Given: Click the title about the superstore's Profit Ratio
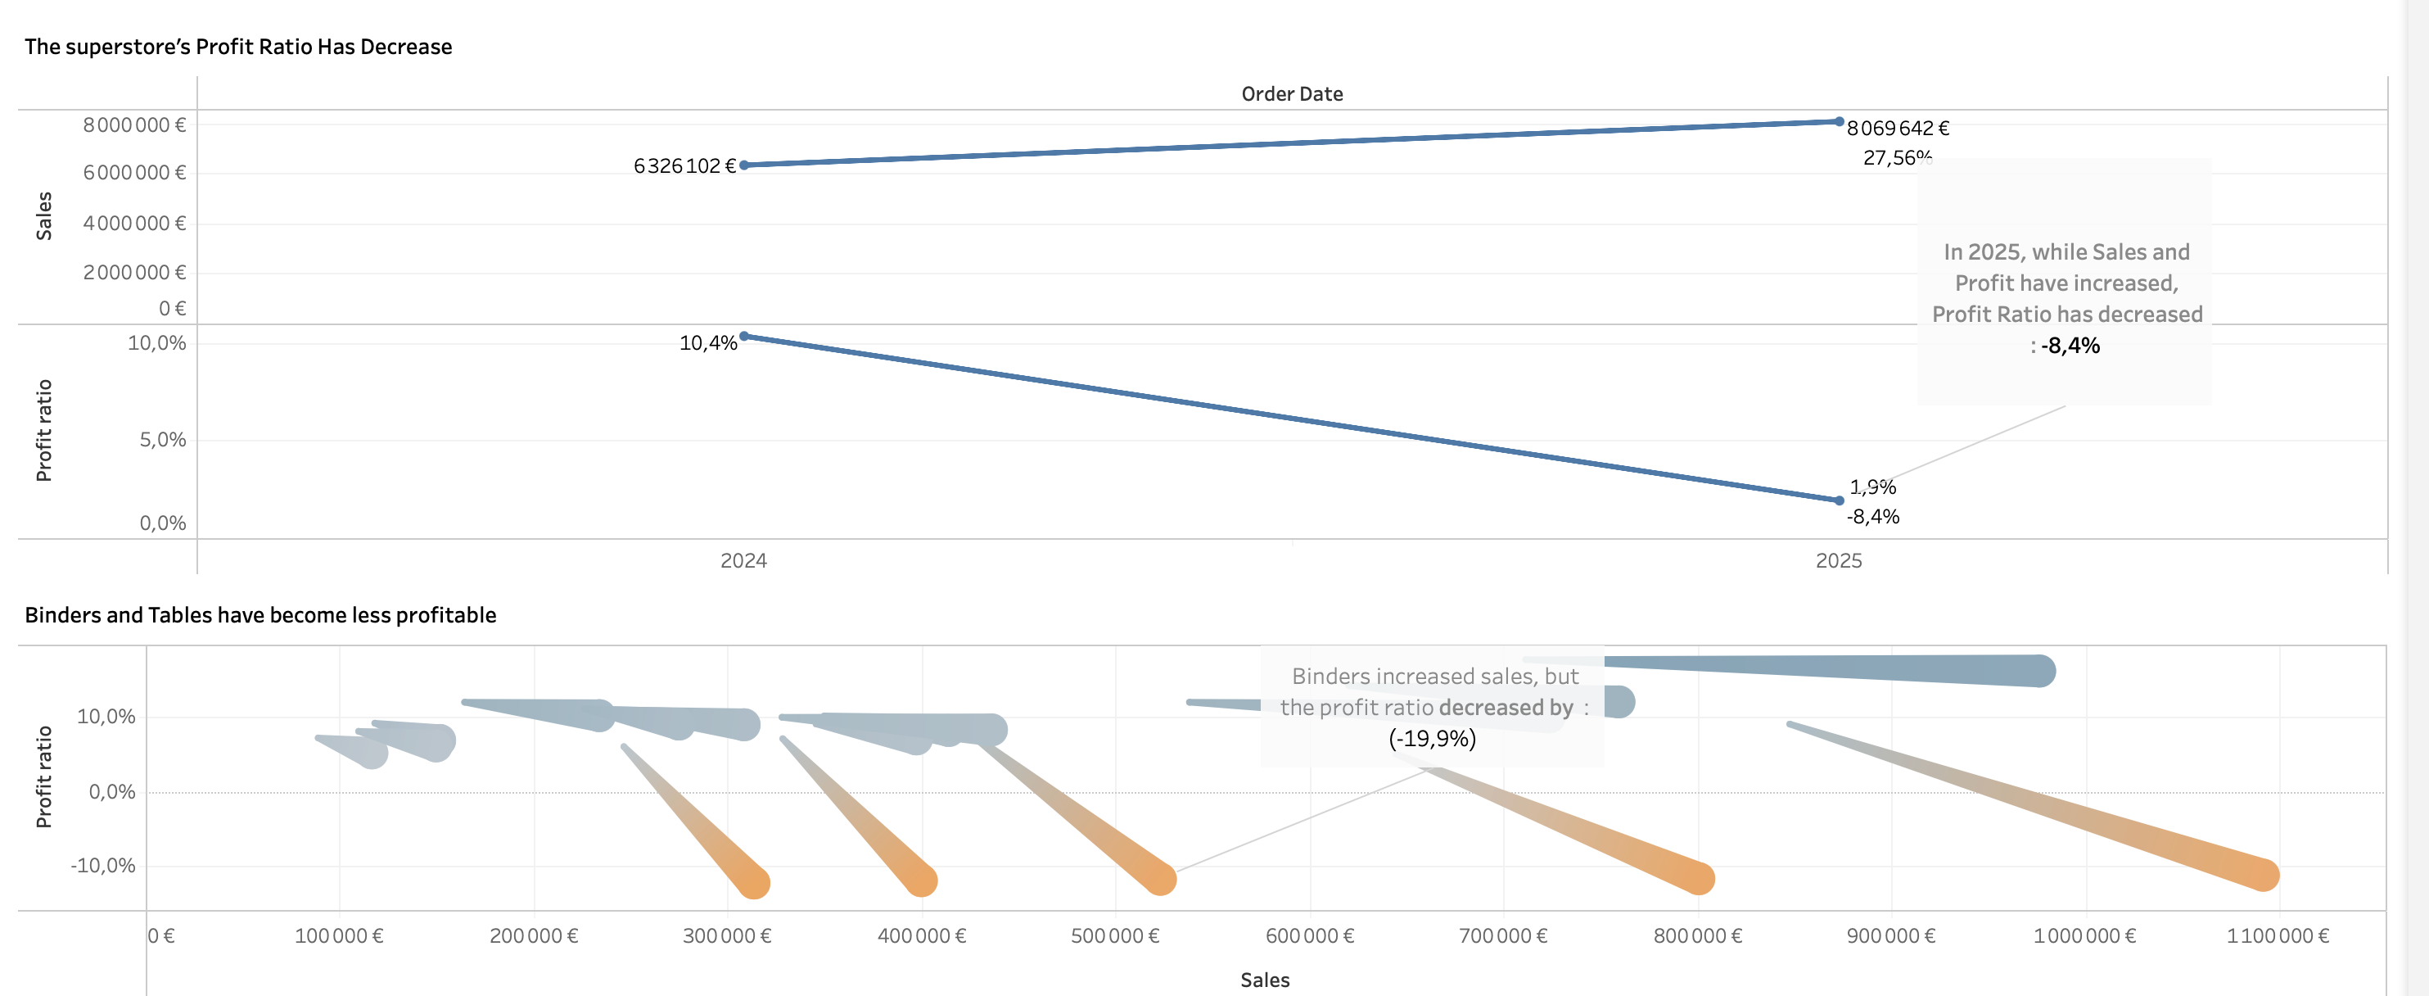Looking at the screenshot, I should (x=237, y=48).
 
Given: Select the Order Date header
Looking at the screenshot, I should (x=1292, y=94).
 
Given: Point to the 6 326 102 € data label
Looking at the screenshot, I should (x=684, y=166).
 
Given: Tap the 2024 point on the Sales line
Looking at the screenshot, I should (x=744, y=165).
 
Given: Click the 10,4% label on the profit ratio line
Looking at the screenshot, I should (x=708, y=343).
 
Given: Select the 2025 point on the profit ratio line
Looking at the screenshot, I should (x=1839, y=500).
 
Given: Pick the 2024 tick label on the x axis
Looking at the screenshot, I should (x=743, y=561).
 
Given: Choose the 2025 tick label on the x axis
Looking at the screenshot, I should (x=1839, y=561).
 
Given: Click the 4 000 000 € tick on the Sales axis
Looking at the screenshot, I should (x=135, y=224).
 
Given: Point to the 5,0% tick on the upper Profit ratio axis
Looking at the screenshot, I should (x=163, y=441).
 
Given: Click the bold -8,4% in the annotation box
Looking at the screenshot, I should (x=2070, y=346).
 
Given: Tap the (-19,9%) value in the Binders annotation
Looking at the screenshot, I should (x=1433, y=739).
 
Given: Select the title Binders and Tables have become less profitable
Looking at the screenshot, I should (x=260, y=616).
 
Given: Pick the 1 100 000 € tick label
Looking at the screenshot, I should (x=2278, y=936).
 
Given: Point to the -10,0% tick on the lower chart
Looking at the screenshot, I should (x=103, y=866).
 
